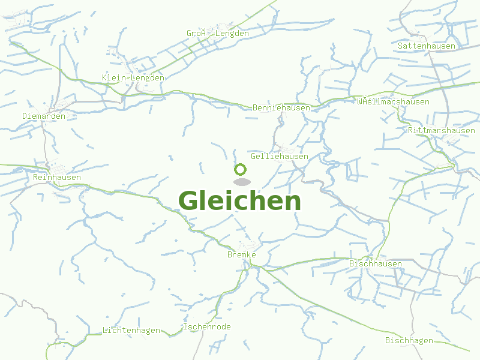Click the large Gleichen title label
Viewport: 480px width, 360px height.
(239, 201)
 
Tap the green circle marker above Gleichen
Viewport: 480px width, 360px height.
(241, 169)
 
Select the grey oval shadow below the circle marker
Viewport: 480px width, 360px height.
(241, 181)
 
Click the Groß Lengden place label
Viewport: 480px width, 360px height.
(217, 34)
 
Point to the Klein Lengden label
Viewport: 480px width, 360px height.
(133, 77)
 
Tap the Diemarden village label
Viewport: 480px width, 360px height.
(44, 116)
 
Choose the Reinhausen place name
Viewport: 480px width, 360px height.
(57, 177)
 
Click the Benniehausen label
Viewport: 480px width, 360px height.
(281, 107)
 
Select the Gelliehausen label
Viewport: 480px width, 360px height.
(280, 156)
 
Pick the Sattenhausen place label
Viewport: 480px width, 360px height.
(427, 46)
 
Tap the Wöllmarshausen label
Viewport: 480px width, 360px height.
(393, 101)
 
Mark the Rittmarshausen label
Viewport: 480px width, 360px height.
(441, 130)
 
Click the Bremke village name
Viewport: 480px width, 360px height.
(242, 255)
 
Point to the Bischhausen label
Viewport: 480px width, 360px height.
(376, 263)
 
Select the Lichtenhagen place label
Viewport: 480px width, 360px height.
(131, 330)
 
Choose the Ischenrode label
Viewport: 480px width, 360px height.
(206, 326)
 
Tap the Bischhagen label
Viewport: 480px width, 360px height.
(409, 340)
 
